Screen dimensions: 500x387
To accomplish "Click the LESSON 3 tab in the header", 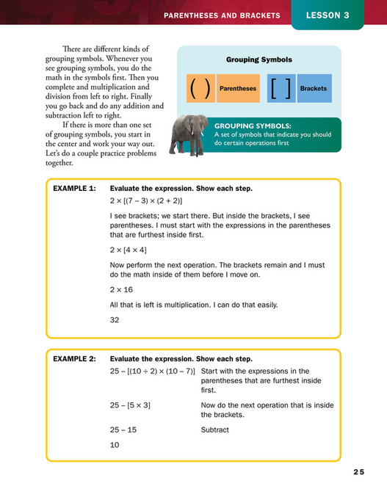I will [x=328, y=15].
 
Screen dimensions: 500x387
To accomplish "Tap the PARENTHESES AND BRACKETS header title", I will [x=221, y=15].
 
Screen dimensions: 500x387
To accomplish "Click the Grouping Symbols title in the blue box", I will [x=258, y=59].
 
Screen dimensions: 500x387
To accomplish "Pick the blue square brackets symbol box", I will [x=281, y=88].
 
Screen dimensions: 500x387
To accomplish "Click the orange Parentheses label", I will [x=238, y=88].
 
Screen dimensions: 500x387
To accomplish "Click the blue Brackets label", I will [x=314, y=88].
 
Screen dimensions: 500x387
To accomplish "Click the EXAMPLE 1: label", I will [x=74, y=189].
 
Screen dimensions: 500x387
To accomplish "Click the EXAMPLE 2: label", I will [x=74, y=359].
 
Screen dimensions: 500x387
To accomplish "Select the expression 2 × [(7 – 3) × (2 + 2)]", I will [x=146, y=200].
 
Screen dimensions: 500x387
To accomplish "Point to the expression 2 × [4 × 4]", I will [x=128, y=250].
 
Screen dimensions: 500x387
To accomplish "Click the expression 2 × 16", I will [x=121, y=289].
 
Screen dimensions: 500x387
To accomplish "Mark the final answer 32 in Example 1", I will [x=115, y=320].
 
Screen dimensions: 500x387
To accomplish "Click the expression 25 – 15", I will [x=124, y=430].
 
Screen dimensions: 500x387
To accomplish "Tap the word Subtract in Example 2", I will [x=214, y=430].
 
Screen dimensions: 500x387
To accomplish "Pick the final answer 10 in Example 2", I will [x=115, y=445].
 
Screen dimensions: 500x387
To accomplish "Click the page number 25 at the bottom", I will [x=358, y=472].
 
